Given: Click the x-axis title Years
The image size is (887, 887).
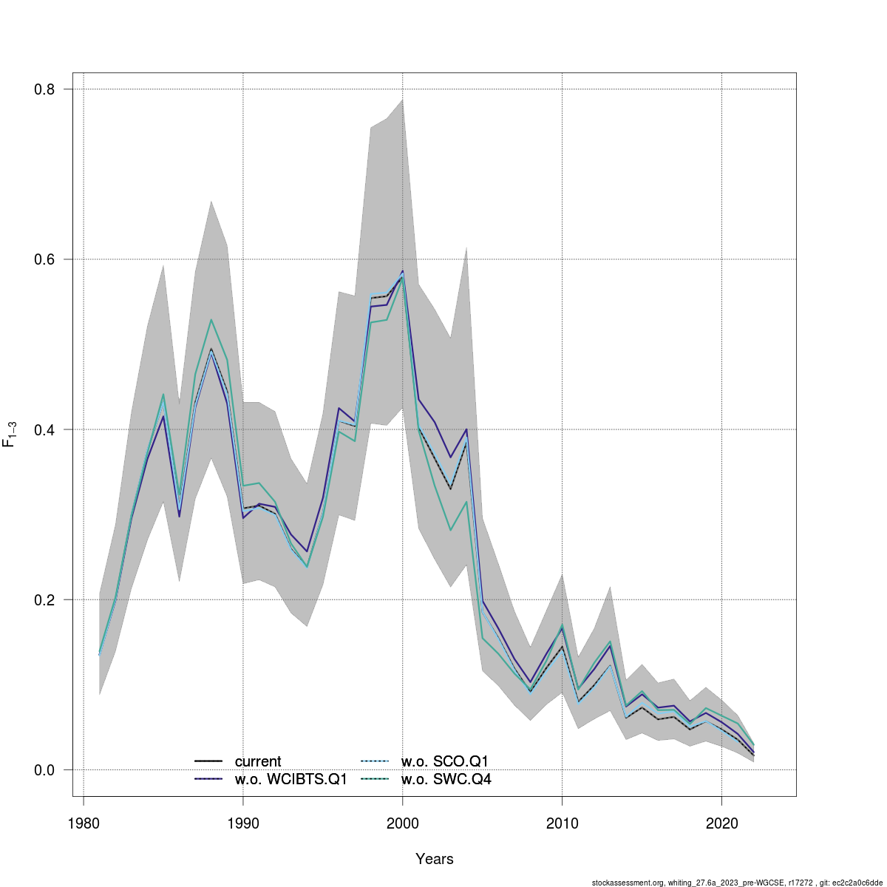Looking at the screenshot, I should tap(435, 859).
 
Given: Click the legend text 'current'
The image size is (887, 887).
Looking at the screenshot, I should tap(258, 761).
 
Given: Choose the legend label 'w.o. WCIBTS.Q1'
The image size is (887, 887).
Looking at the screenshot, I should tap(290, 779).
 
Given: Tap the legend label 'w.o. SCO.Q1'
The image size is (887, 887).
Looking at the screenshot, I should tap(445, 761).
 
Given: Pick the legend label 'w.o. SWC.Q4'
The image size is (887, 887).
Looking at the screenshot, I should tap(446, 779).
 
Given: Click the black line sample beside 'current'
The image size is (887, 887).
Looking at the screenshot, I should tap(208, 761).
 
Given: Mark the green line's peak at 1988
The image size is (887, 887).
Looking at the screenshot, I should tap(211, 319).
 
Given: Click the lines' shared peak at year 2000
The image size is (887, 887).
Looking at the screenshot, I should tap(403, 274).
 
